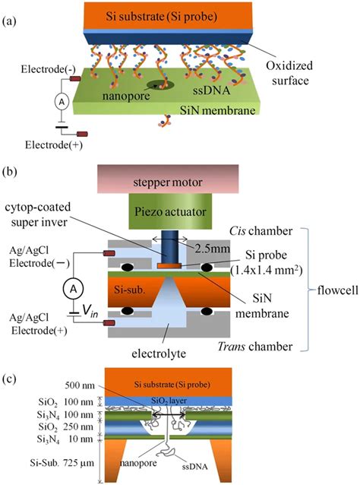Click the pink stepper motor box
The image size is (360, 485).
pos(168,179)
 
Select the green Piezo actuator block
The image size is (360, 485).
pos(170,211)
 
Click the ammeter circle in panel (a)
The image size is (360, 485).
pos(62,102)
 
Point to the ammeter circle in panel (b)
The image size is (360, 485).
pos(73,289)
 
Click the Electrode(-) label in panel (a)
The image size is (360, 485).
pos(48,69)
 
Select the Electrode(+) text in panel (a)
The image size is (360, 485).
pos(54,144)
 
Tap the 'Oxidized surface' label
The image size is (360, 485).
pos(289,73)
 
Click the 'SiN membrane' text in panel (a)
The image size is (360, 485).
pos(218,110)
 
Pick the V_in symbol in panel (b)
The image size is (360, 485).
pos(90,310)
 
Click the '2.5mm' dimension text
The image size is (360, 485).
pos(213,248)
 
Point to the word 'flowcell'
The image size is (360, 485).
pos(338,290)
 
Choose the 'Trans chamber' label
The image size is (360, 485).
pos(255,347)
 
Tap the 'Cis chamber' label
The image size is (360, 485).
pos(261,231)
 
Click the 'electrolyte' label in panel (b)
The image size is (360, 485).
pos(159,353)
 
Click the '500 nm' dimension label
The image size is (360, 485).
pos(80,385)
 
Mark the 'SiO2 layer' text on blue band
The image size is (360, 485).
pos(169,401)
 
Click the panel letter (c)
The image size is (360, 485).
pos(8,379)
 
